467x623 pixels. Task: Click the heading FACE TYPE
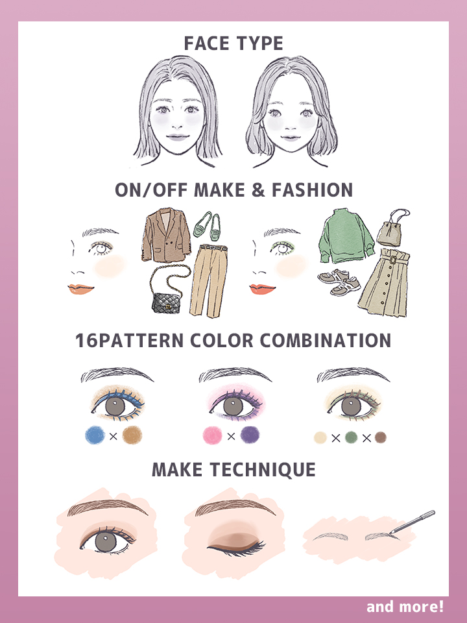click(x=233, y=43)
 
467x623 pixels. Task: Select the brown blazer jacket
click(x=166, y=235)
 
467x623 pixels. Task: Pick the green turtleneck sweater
click(x=346, y=236)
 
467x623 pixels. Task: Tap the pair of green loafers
click(x=208, y=226)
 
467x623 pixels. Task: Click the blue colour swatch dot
click(x=95, y=435)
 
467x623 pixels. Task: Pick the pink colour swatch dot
click(x=213, y=435)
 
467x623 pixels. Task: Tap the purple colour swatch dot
click(x=250, y=435)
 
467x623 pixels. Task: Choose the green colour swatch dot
click(x=351, y=437)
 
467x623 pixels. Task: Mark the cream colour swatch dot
click(x=320, y=437)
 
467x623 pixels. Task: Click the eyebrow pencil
click(x=413, y=522)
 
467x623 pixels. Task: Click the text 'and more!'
click(x=405, y=607)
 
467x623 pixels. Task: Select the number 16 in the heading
click(x=86, y=341)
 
